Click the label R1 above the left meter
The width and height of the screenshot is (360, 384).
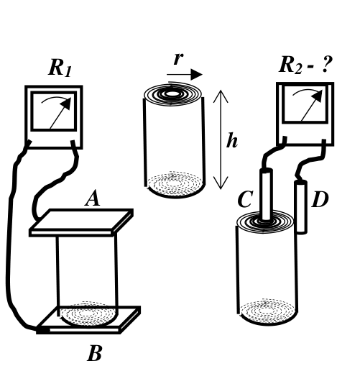[x=60, y=68]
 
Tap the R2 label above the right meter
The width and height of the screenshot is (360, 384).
[x=291, y=65]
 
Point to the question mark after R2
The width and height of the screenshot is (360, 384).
[x=326, y=64]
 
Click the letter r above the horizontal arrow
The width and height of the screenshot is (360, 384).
[x=178, y=58]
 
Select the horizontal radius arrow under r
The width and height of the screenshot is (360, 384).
[x=185, y=74]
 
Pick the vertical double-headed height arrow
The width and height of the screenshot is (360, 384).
[x=221, y=140]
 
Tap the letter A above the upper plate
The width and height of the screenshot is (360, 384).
[x=93, y=198]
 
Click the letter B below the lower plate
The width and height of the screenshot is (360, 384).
[x=94, y=353]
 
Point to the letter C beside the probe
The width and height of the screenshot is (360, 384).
[x=245, y=199]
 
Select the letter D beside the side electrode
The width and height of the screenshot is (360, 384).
[x=320, y=199]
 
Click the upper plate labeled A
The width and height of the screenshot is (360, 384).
[x=81, y=222]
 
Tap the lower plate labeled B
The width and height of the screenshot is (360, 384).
[x=88, y=320]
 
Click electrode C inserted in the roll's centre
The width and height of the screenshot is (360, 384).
[x=267, y=195]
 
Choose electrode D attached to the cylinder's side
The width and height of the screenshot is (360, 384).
[x=301, y=207]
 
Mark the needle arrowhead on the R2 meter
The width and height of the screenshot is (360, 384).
[x=318, y=96]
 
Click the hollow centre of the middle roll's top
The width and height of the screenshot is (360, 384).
[x=172, y=93]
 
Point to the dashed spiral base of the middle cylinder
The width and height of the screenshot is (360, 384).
[x=175, y=183]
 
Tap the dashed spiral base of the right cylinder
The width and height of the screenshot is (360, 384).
[x=268, y=311]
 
